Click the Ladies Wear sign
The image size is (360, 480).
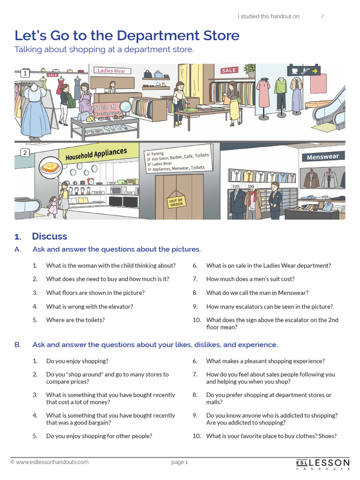112,71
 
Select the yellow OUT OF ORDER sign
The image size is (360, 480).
176,202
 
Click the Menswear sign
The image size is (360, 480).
323,157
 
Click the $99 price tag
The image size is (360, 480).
251,187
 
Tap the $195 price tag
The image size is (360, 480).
236,186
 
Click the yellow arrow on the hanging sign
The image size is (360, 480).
315,71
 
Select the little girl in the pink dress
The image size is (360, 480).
52,206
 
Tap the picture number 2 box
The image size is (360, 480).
24,153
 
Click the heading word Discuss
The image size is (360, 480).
49,236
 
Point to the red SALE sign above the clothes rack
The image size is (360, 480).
229,70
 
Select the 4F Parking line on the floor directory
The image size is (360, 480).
155,154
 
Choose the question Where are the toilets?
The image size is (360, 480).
75,320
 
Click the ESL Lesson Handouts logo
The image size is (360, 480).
323,463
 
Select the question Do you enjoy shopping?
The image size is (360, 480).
77,361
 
